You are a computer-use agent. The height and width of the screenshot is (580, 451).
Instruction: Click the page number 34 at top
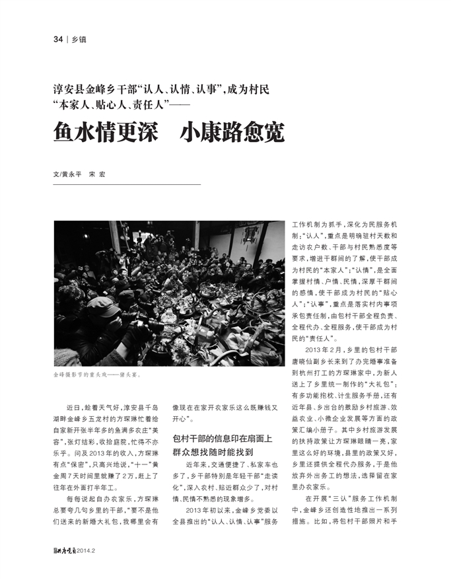(57, 40)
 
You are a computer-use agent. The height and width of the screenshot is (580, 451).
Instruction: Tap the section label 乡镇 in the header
(78, 40)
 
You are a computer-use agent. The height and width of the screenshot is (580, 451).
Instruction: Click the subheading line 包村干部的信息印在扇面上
(223, 439)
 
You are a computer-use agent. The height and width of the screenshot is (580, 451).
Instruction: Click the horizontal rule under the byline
(126, 184)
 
